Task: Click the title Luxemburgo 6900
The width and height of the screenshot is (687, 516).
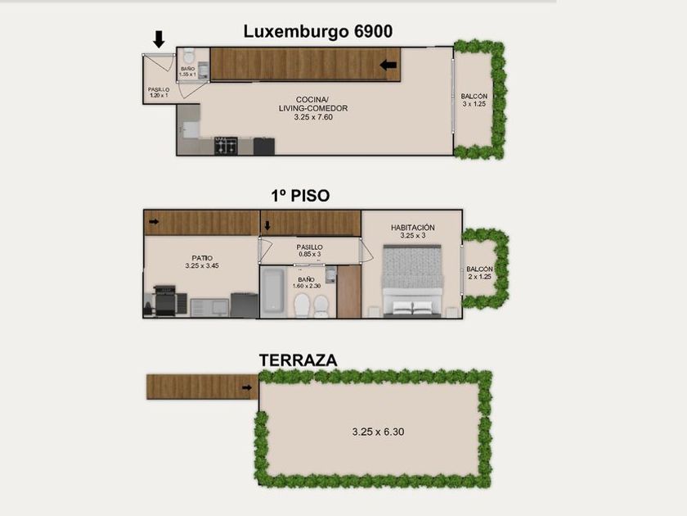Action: (317, 32)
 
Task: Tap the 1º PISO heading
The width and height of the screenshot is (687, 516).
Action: (300, 196)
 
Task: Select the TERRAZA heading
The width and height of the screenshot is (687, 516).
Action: (298, 360)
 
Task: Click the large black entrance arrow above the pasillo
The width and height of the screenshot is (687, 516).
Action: (159, 39)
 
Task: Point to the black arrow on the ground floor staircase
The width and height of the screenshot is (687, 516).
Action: (388, 65)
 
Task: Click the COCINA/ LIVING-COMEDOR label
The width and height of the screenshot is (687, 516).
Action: (313, 108)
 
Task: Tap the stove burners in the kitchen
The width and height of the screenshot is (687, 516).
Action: (226, 146)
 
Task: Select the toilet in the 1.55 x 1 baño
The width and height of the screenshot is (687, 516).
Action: (189, 56)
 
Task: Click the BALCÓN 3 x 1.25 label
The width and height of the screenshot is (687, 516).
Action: (474, 100)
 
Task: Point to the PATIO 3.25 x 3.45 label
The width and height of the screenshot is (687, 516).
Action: (202, 262)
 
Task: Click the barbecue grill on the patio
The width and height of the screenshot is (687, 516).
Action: (165, 301)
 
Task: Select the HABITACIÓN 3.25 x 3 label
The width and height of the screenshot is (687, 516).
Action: (413, 231)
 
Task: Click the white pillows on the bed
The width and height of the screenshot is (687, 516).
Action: (412, 307)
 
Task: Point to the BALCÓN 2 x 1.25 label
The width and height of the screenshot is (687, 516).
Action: (479, 273)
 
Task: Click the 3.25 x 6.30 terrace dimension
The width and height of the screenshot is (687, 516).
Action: (378, 432)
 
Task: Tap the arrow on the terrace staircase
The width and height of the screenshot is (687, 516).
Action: (247, 387)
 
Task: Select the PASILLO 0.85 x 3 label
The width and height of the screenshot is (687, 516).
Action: (309, 251)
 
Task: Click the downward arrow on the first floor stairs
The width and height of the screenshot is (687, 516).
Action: (267, 225)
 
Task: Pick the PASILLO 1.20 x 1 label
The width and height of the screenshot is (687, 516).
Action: (159, 92)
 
